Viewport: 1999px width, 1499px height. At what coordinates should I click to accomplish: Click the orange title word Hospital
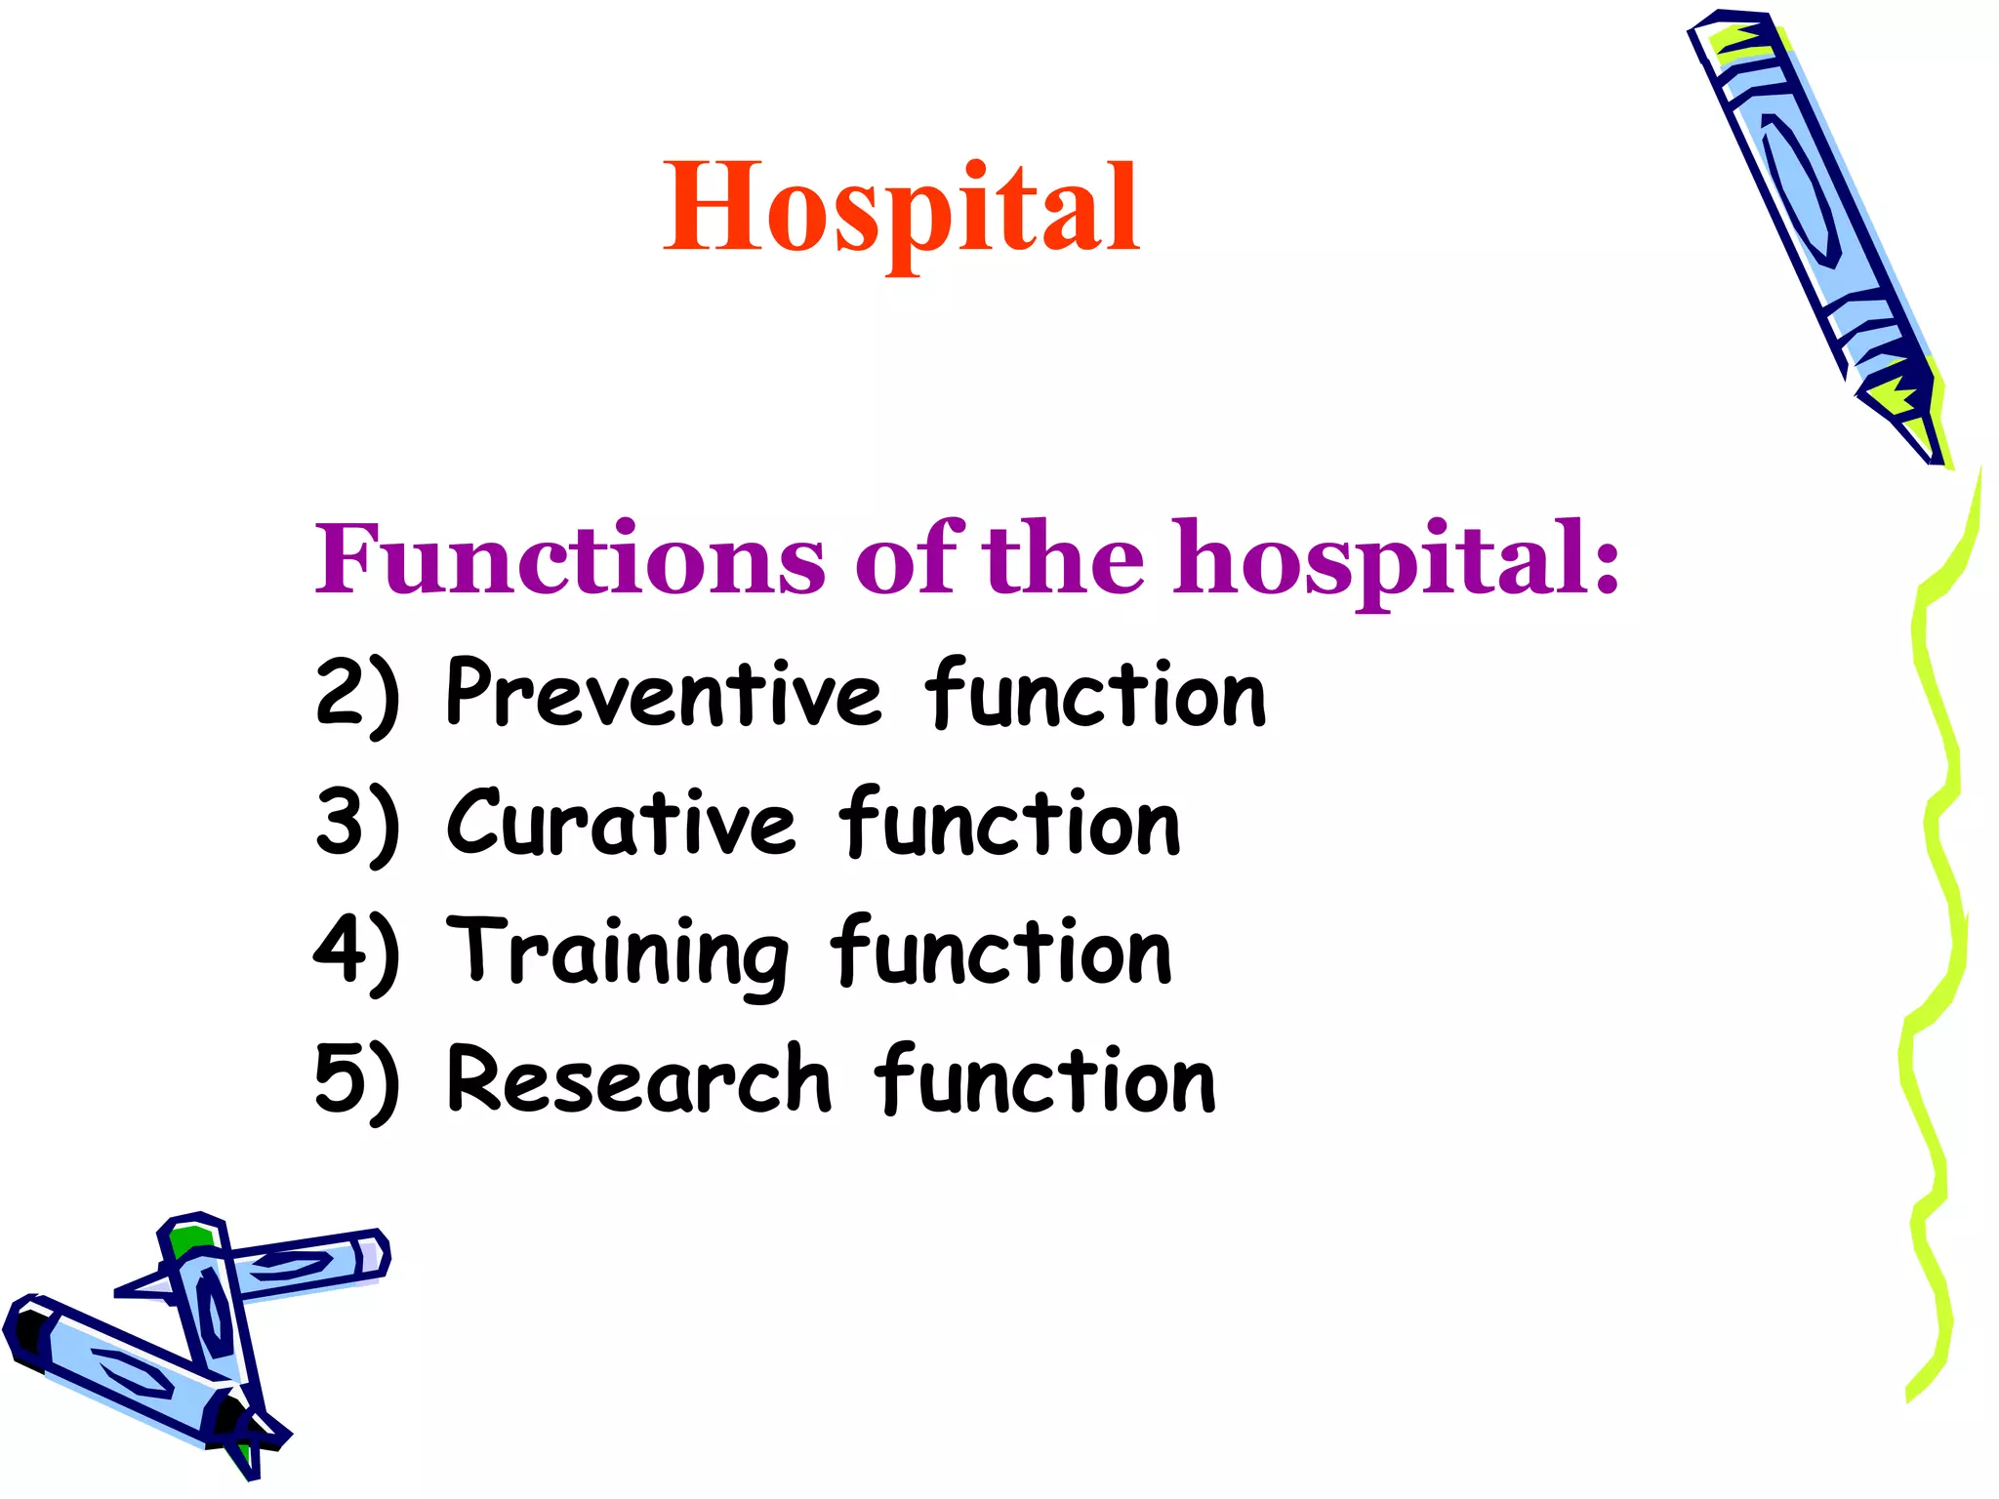coord(900,208)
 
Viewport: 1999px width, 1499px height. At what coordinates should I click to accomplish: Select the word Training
coord(617,952)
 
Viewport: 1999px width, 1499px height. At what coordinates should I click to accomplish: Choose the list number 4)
coord(357,952)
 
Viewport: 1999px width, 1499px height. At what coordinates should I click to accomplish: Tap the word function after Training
coord(1001,952)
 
